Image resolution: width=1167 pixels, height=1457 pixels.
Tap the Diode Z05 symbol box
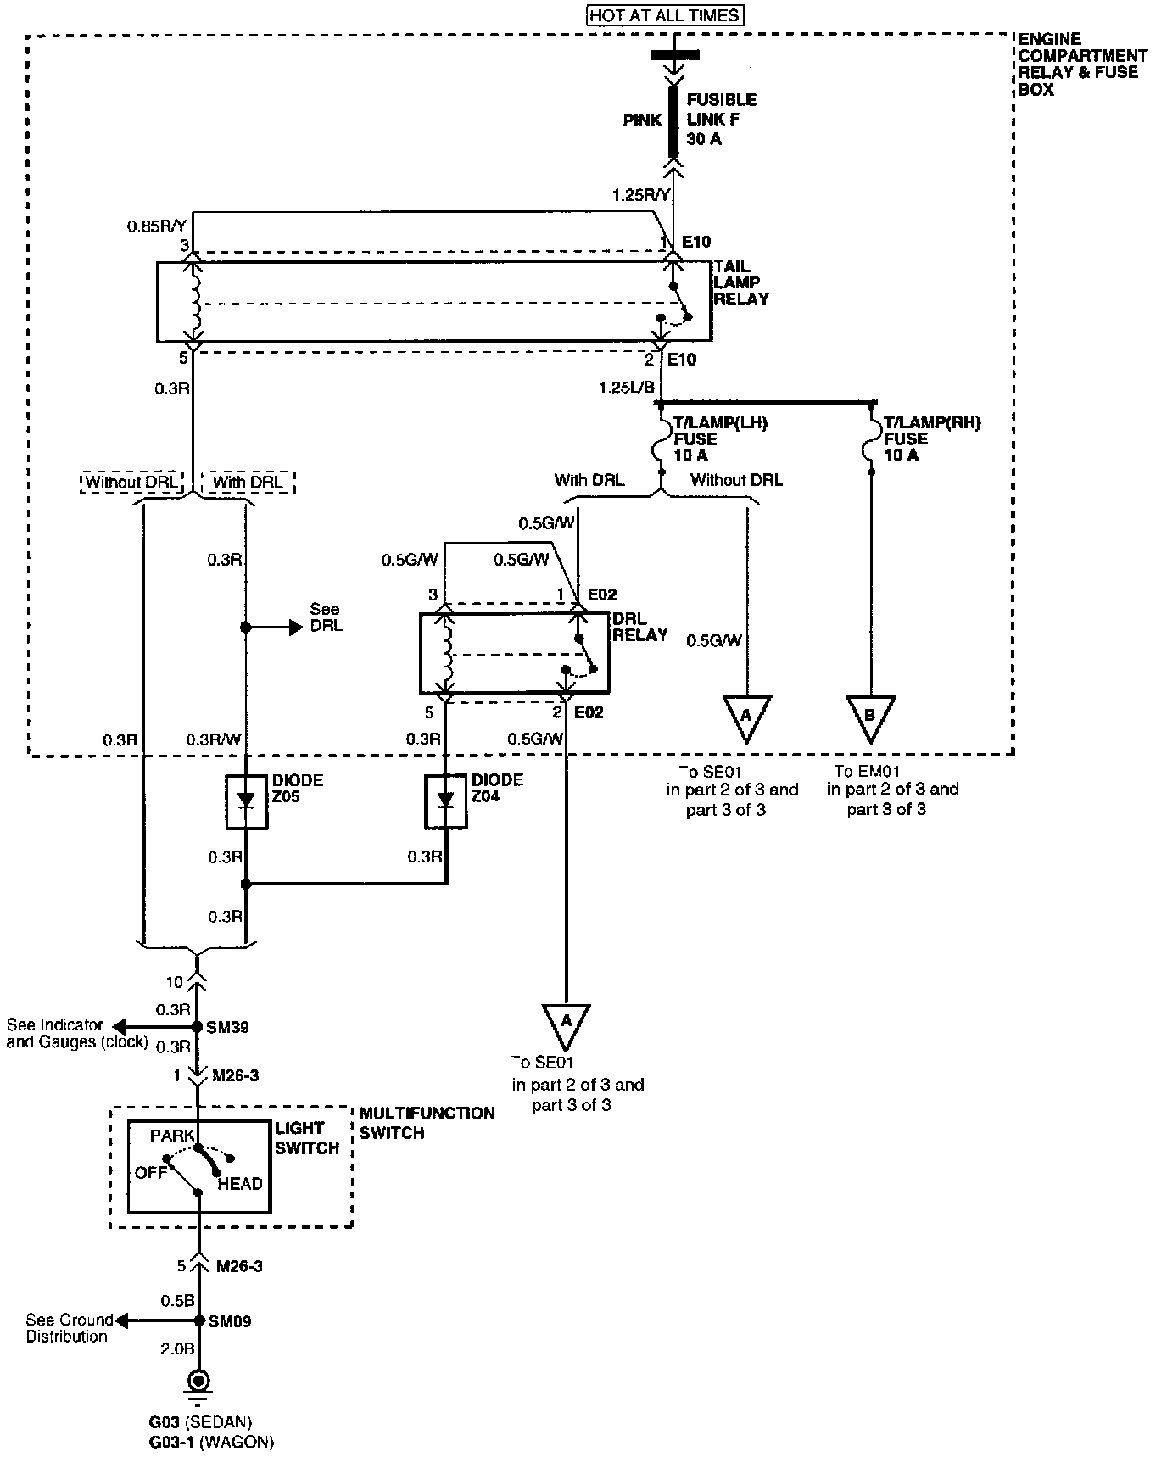(x=246, y=801)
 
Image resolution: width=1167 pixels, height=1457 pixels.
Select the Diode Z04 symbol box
(x=446, y=801)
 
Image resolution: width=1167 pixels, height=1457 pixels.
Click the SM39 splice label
(x=227, y=1027)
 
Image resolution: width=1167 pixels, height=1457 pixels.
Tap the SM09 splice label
(x=230, y=1321)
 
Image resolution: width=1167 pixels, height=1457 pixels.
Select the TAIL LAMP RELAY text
(x=741, y=282)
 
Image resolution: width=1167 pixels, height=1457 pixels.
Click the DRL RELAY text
(x=639, y=626)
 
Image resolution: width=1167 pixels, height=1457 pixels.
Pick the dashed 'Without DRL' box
(x=133, y=482)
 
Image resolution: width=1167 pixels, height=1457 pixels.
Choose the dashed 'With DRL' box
(x=248, y=482)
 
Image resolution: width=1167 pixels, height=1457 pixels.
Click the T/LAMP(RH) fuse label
(x=932, y=438)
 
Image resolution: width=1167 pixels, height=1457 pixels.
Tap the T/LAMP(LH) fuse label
(x=719, y=438)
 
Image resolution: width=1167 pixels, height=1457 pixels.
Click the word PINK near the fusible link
(x=642, y=120)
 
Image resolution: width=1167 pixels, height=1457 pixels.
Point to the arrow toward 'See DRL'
(x=274, y=628)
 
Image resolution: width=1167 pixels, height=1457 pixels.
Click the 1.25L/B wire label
(x=627, y=387)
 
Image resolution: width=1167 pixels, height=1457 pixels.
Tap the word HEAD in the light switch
(x=240, y=1183)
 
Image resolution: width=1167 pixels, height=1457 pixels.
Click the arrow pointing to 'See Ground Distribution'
(x=156, y=1321)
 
